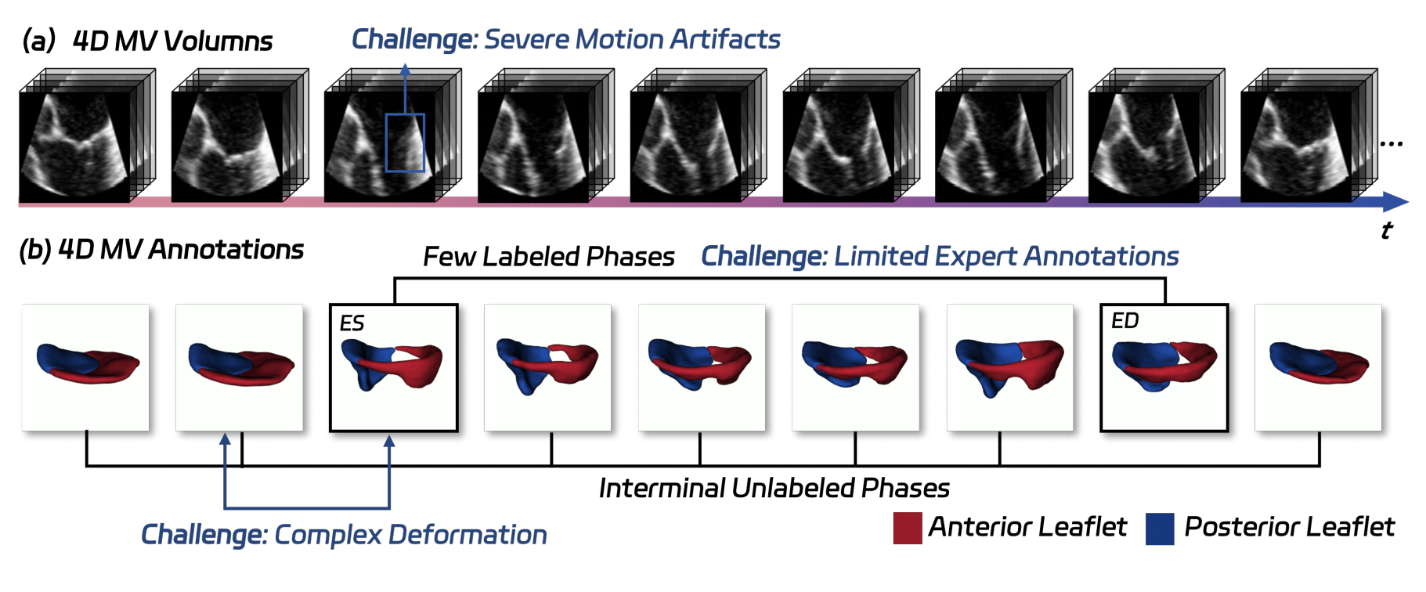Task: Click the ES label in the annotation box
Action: (x=352, y=323)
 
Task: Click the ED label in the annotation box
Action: (x=1125, y=320)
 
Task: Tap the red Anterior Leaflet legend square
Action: (x=907, y=528)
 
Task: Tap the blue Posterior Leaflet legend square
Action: (x=1160, y=528)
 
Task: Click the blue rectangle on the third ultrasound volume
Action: (x=405, y=143)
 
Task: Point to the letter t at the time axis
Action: (x=1386, y=230)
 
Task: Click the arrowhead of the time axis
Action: (x=1395, y=202)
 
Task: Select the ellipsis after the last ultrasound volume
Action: (x=1391, y=143)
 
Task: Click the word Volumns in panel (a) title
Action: (x=222, y=41)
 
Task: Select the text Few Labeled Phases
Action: (x=549, y=256)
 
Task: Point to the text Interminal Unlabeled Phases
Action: (x=774, y=488)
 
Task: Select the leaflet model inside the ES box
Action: (x=392, y=366)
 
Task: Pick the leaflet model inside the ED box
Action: (x=1164, y=366)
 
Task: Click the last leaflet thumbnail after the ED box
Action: (x=1318, y=367)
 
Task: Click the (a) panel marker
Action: (x=38, y=40)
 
